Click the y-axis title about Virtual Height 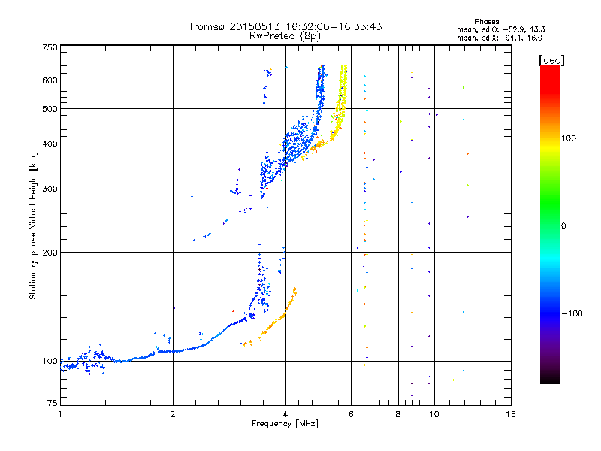[x=33, y=225]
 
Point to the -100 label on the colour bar [x=572, y=313]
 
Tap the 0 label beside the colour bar [x=565, y=225]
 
